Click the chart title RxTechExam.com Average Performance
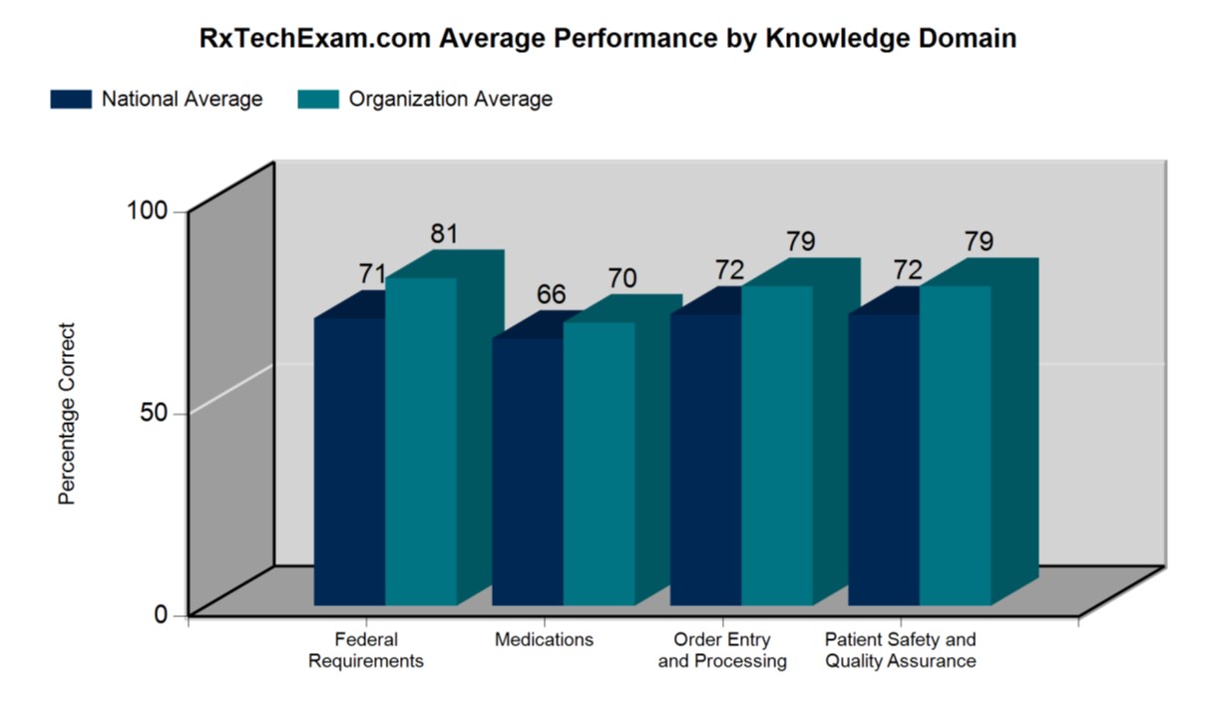(609, 38)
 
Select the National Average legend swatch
(71, 99)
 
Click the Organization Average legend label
(450, 99)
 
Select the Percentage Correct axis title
(67, 413)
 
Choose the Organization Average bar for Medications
(599, 463)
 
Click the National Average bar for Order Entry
(705, 459)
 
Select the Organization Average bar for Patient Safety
(955, 445)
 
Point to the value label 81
(444, 234)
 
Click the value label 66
(551, 295)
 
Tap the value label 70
(621, 279)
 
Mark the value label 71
(373, 274)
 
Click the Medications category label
(544, 640)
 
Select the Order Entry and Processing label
(722, 650)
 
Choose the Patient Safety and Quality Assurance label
(900, 650)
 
